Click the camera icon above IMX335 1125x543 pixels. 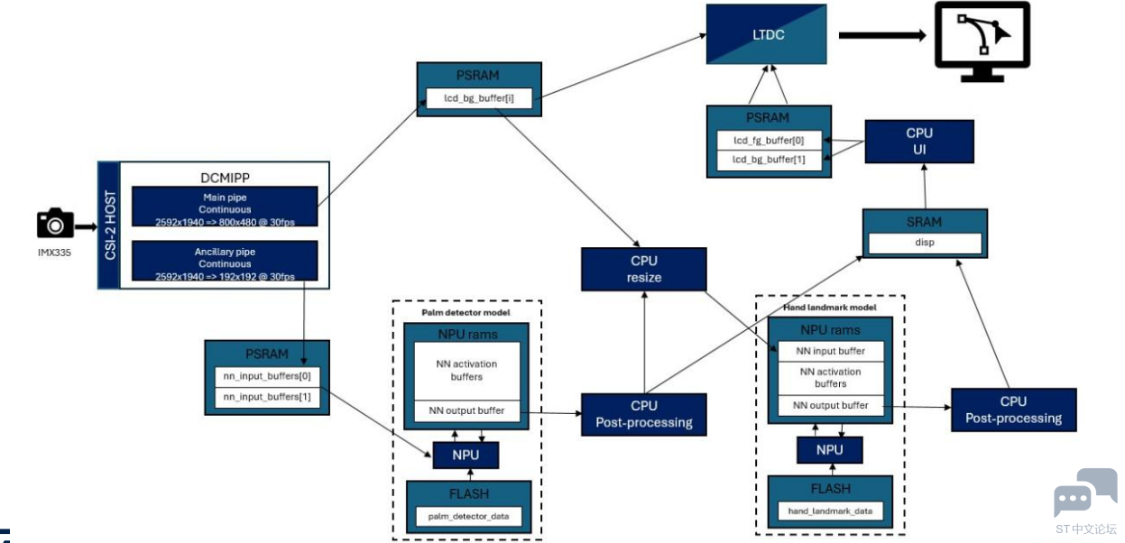pos(55,223)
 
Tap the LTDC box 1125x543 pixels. pos(767,34)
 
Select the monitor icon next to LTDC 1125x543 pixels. pos(982,42)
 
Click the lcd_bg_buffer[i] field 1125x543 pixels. pos(479,98)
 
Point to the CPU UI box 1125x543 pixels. pos(919,141)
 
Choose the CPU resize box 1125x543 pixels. pos(644,269)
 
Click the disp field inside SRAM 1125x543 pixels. pos(925,243)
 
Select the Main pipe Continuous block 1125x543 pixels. pos(225,207)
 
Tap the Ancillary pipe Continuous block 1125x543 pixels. pos(225,261)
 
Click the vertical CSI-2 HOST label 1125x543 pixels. pos(109,225)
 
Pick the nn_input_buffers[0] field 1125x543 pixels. pos(267,376)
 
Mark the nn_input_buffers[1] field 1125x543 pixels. pos(267,397)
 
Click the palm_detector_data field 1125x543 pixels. pos(468,516)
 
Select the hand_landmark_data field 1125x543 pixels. pos(830,511)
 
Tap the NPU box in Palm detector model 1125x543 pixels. pos(466,456)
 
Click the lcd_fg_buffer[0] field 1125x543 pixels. pos(769,140)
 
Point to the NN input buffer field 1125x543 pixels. pos(831,351)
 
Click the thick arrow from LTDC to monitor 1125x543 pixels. pos(882,35)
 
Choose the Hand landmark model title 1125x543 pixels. pos(830,308)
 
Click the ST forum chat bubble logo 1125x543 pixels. pos(1085,492)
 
